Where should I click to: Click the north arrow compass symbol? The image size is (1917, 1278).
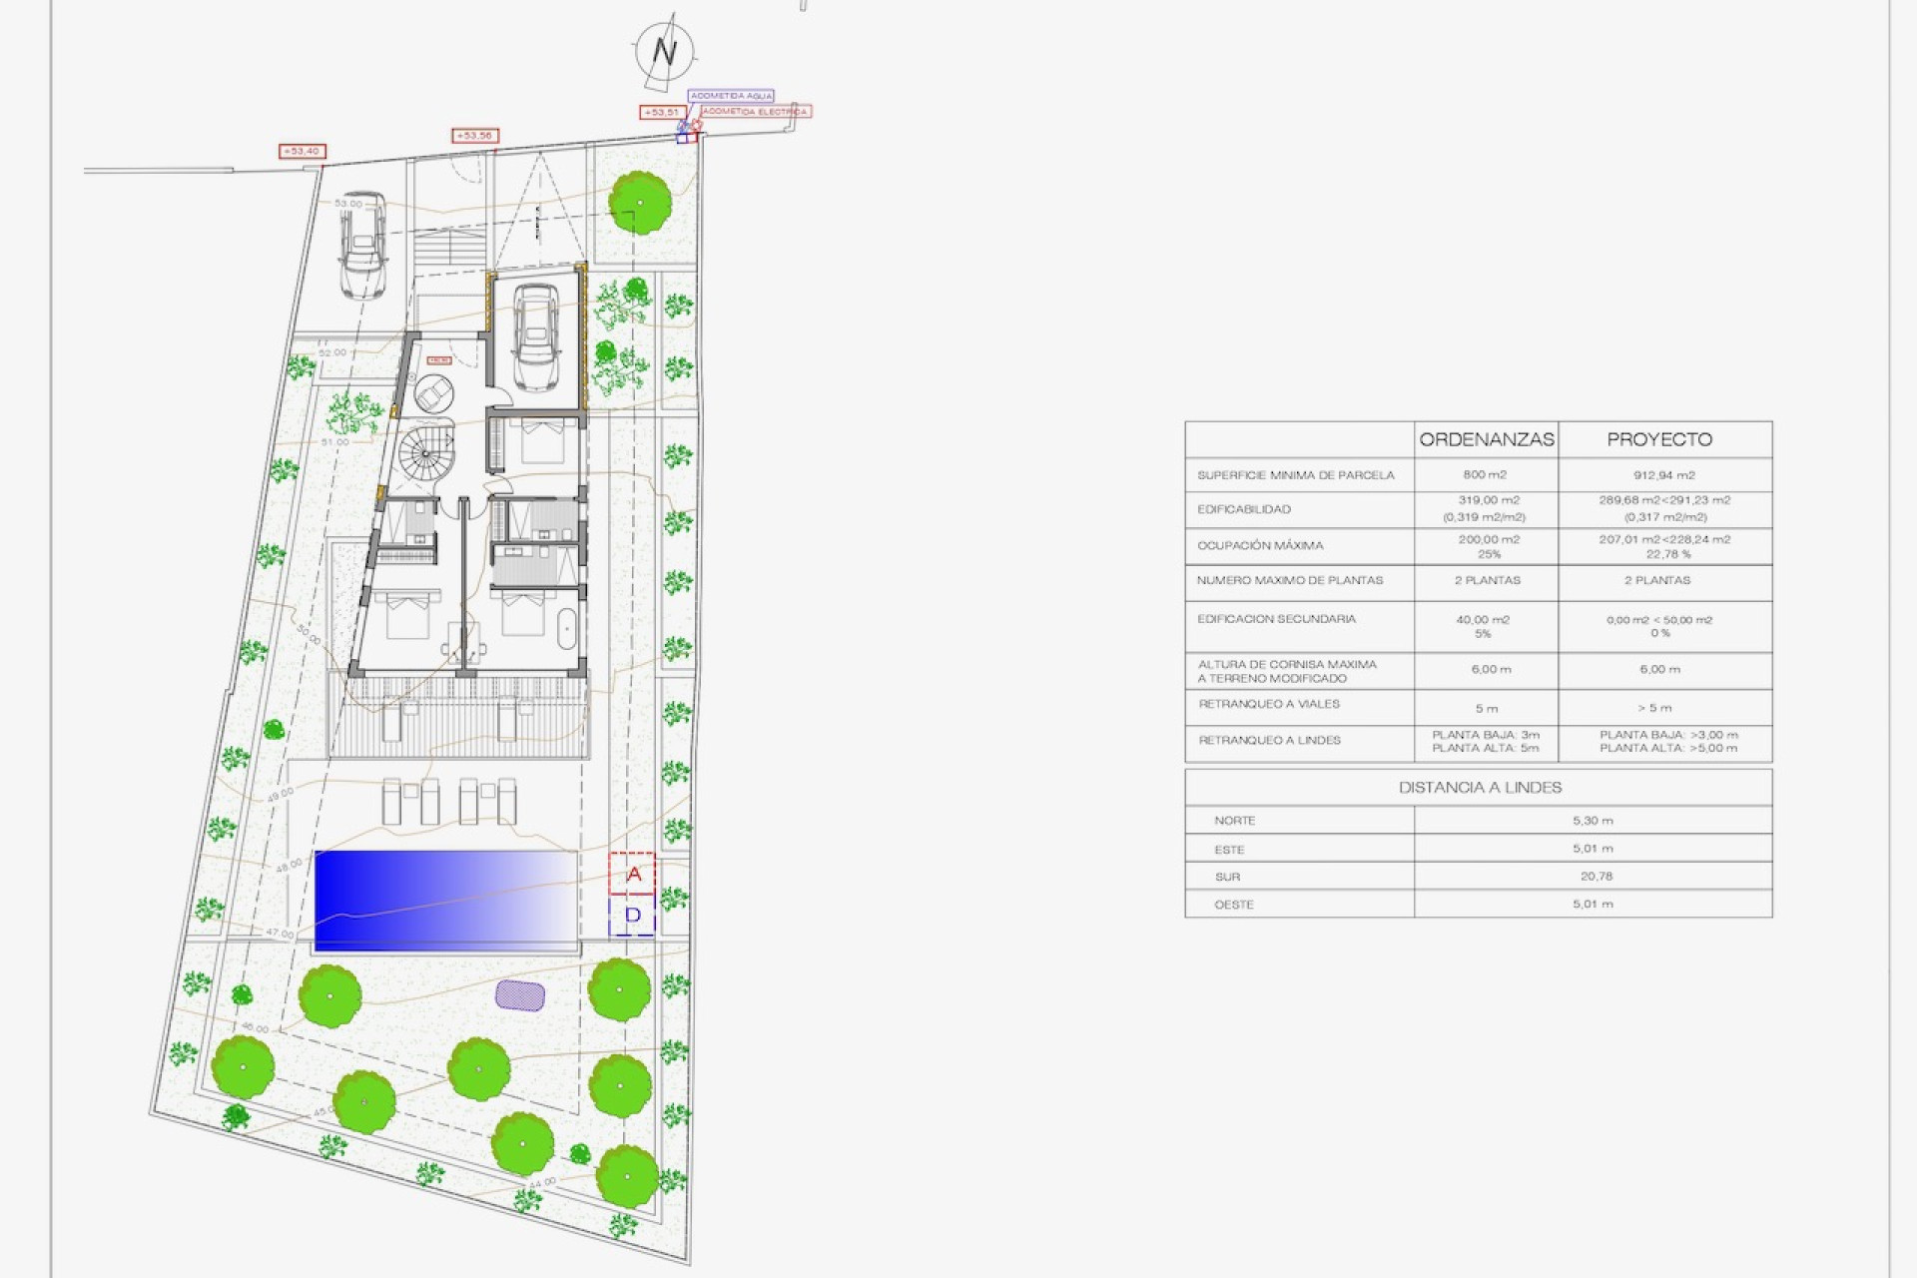pyautogui.click(x=664, y=50)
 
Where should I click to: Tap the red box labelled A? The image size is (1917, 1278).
pyautogui.click(x=632, y=875)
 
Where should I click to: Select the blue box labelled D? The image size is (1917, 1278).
pyautogui.click(x=632, y=916)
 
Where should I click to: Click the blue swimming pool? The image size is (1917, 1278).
pyautogui.click(x=446, y=899)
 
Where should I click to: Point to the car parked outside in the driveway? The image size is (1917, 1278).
pyautogui.click(x=362, y=245)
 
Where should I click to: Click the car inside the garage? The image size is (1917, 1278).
pyautogui.click(x=536, y=336)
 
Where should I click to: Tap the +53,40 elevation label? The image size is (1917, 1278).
pyautogui.click(x=302, y=152)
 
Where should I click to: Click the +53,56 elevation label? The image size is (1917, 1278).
pyautogui.click(x=475, y=136)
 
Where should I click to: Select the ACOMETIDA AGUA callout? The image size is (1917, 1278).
pyautogui.click(x=732, y=96)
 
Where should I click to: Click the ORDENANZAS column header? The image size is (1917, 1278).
pyautogui.click(x=1487, y=439)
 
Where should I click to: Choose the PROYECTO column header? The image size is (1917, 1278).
pyautogui.click(x=1659, y=439)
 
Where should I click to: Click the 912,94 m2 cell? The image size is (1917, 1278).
pyautogui.click(x=1663, y=475)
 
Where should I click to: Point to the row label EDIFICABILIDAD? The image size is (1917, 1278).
pyautogui.click(x=1244, y=509)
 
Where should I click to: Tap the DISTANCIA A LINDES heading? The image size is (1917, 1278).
pyautogui.click(x=1480, y=788)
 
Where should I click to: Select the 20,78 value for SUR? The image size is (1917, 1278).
pyautogui.click(x=1596, y=877)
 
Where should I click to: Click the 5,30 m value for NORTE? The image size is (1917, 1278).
pyautogui.click(x=1593, y=821)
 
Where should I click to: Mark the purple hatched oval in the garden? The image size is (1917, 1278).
pyautogui.click(x=520, y=995)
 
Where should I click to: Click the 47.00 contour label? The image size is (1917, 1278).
pyautogui.click(x=280, y=934)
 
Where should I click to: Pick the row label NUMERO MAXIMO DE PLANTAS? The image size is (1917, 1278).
pyautogui.click(x=1290, y=580)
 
